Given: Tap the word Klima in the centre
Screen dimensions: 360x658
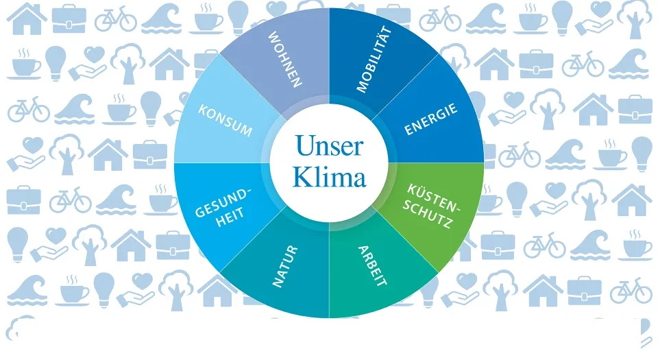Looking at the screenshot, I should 329,178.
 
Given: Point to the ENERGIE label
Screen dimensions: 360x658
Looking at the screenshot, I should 430,119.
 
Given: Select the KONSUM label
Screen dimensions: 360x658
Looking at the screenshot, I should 226,121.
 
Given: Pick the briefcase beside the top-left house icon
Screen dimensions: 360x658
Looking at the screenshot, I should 69,19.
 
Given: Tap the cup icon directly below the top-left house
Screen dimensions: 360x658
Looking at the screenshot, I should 26,63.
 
